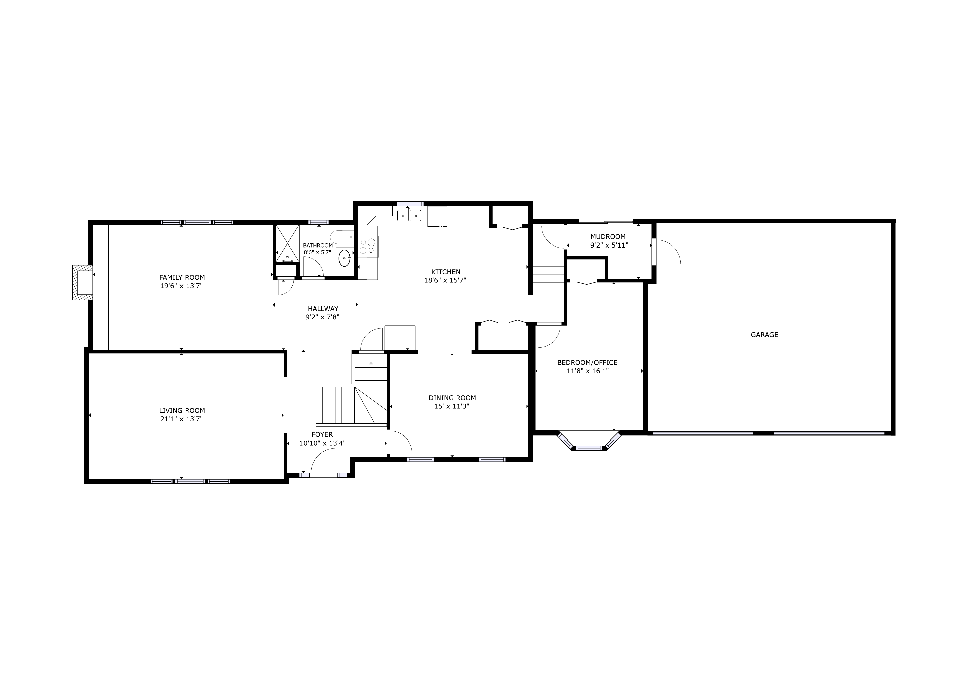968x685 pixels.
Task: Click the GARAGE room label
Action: point(764,335)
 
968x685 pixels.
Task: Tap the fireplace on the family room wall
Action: point(82,283)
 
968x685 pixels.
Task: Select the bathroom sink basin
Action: point(345,258)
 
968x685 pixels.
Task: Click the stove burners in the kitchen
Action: point(368,246)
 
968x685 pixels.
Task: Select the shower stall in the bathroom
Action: point(287,243)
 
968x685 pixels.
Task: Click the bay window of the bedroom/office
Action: point(589,441)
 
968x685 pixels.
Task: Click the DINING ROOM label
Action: point(452,398)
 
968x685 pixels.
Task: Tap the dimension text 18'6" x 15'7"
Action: point(445,280)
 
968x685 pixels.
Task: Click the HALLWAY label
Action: point(323,309)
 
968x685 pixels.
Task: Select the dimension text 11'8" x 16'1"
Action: point(588,371)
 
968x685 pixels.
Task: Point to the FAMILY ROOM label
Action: point(182,278)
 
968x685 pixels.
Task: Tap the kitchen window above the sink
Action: point(410,204)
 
